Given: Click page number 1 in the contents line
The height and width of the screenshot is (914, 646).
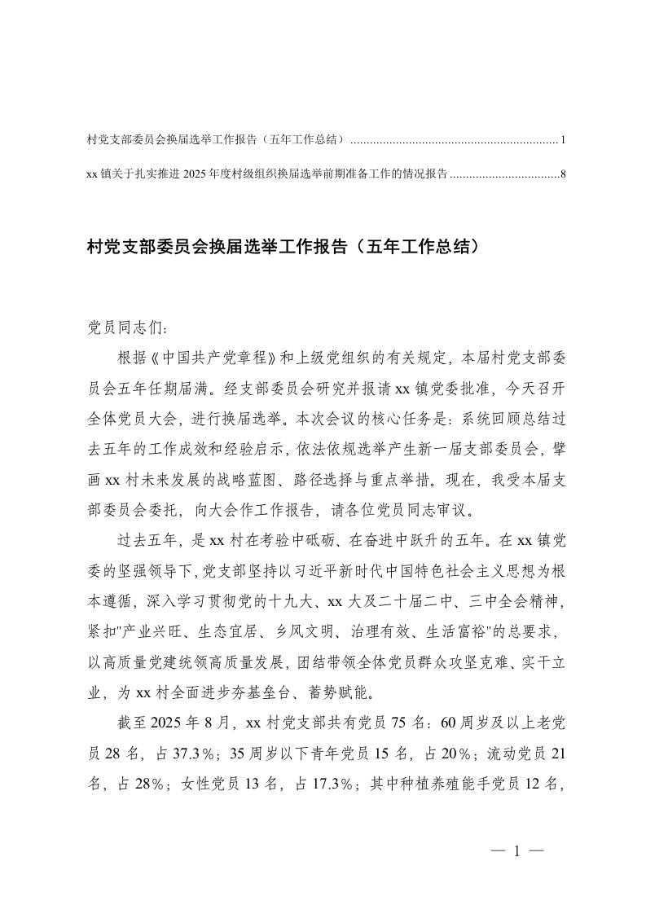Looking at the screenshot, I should point(563,141).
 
